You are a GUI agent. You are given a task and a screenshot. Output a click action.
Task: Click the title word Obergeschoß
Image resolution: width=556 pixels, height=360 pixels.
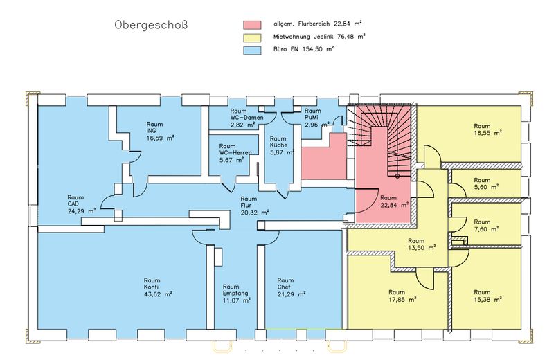(151, 26)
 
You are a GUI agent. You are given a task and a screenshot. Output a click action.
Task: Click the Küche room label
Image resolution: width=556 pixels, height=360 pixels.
(278, 145)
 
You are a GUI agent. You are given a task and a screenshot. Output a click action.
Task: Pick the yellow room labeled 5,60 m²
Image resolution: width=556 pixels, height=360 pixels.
(486, 187)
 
